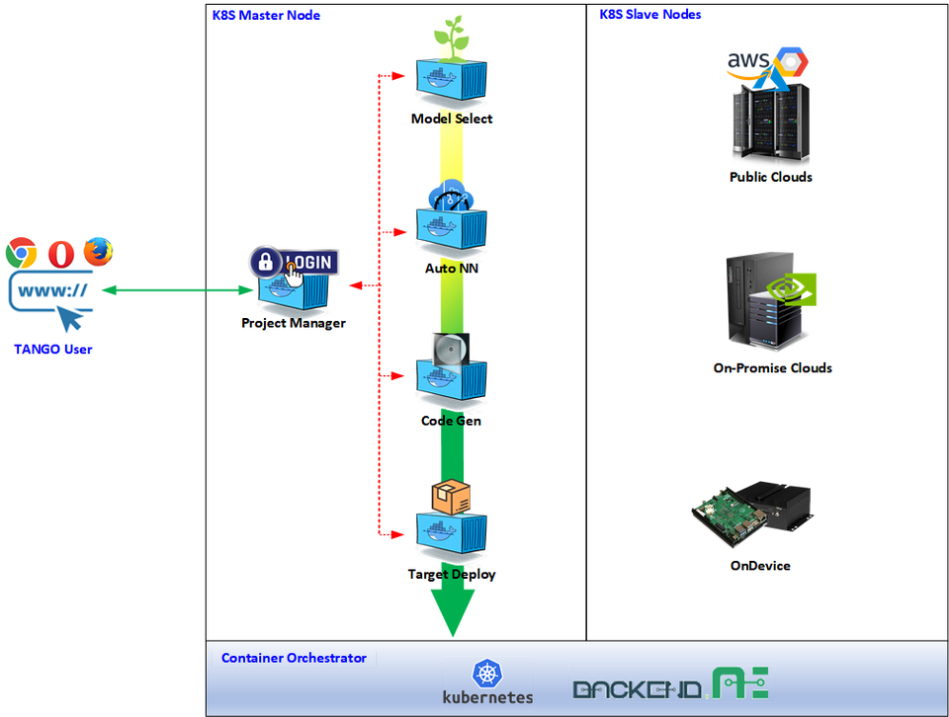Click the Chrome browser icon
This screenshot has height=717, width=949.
[21, 254]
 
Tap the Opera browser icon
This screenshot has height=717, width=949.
[59, 254]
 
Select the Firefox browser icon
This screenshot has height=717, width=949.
[98, 252]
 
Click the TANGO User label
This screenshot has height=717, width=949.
[53, 349]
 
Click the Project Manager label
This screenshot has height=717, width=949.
[294, 323]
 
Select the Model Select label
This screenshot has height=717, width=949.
[452, 119]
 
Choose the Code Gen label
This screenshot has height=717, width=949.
[452, 421]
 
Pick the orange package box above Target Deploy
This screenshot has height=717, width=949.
[451, 498]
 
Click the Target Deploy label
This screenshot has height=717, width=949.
[452, 574]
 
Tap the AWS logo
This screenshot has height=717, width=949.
[748, 62]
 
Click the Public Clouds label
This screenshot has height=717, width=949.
[771, 177]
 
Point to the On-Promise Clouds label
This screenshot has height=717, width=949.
[773, 367]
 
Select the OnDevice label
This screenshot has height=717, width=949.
[760, 566]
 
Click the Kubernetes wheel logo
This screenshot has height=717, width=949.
[487, 675]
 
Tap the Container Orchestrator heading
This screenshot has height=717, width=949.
[294, 658]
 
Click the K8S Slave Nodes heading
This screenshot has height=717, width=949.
[650, 15]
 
